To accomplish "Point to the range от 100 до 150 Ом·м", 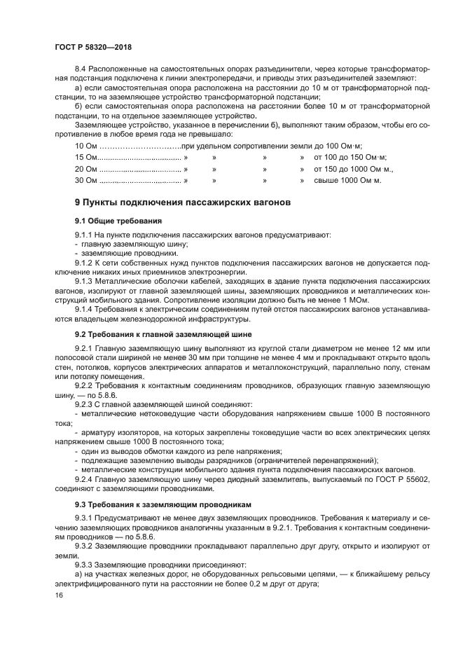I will pos(350,157).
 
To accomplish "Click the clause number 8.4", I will pos(81,70).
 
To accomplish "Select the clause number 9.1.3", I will pos(85,281).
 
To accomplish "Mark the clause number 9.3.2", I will pos(85,544).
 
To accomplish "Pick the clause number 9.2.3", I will pos(85,404).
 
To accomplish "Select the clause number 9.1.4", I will pos(85,308).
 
